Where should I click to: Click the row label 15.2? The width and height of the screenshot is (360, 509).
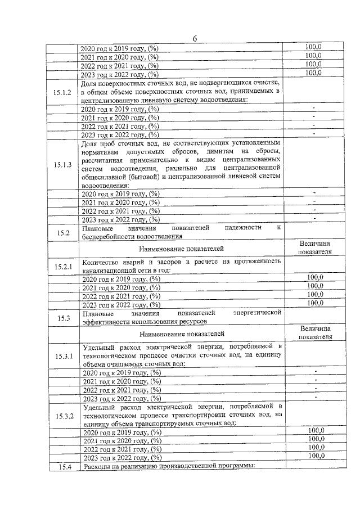tap(63, 232)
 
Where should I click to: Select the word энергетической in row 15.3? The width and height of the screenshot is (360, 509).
tap(257, 313)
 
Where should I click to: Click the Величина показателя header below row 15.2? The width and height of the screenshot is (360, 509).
tap(314, 247)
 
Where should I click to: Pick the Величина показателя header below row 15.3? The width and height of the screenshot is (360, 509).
tap(314, 332)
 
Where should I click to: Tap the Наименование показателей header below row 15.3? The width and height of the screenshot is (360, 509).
tap(182, 334)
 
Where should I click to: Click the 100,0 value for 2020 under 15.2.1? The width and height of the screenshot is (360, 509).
tap(314, 277)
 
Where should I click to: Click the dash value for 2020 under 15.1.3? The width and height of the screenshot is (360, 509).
tap(314, 193)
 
